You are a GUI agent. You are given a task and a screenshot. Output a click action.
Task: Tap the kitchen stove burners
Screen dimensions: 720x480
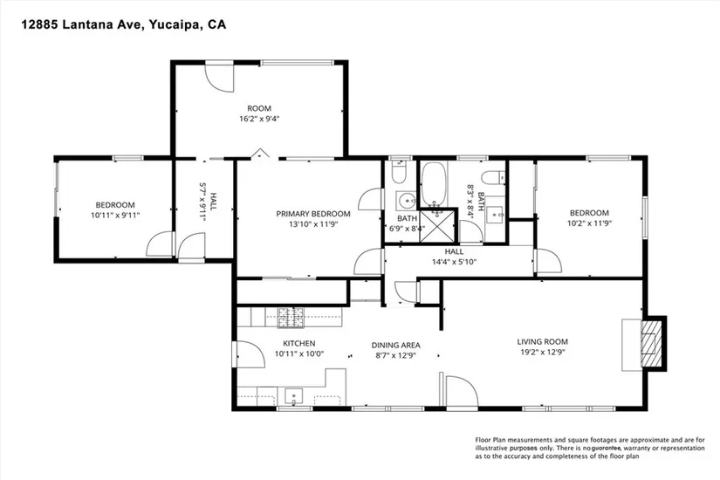pyautogui.click(x=291, y=318)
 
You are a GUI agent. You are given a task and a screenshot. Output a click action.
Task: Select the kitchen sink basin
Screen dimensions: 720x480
pyautogui.click(x=293, y=396)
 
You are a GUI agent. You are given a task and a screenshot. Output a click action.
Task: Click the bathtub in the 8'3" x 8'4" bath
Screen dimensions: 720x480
pyautogui.click(x=434, y=184)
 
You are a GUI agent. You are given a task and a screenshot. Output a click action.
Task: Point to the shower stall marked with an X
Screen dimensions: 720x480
pyautogui.click(x=438, y=225)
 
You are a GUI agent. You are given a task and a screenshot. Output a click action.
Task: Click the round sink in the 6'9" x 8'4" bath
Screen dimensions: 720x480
pyautogui.click(x=406, y=201)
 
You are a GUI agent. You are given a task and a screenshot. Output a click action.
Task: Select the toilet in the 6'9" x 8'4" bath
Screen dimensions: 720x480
pyautogui.click(x=398, y=173)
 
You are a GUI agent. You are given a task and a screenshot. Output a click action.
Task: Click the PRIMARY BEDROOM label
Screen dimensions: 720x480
pyautogui.click(x=313, y=214)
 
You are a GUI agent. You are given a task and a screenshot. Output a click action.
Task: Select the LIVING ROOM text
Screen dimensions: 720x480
pyautogui.click(x=542, y=342)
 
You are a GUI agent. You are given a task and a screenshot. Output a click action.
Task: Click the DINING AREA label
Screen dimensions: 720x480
pyautogui.click(x=396, y=345)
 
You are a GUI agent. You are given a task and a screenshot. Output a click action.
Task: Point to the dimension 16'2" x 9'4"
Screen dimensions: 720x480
pyautogui.click(x=259, y=119)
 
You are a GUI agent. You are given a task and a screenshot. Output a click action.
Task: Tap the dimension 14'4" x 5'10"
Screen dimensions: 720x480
pyautogui.click(x=454, y=262)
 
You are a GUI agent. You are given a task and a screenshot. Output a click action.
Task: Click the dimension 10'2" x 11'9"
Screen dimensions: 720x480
pyautogui.click(x=590, y=223)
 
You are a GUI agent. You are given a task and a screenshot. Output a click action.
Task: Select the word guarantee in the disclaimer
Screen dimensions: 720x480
pyautogui.click(x=607, y=449)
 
